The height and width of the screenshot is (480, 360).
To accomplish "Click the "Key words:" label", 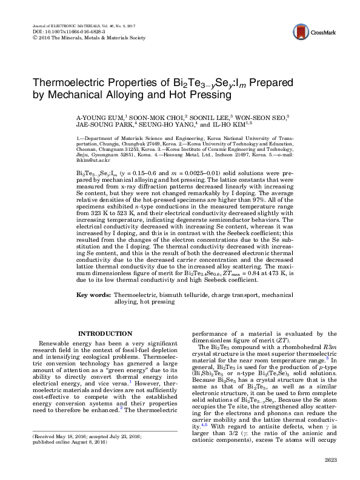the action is click(x=93, y=295).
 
